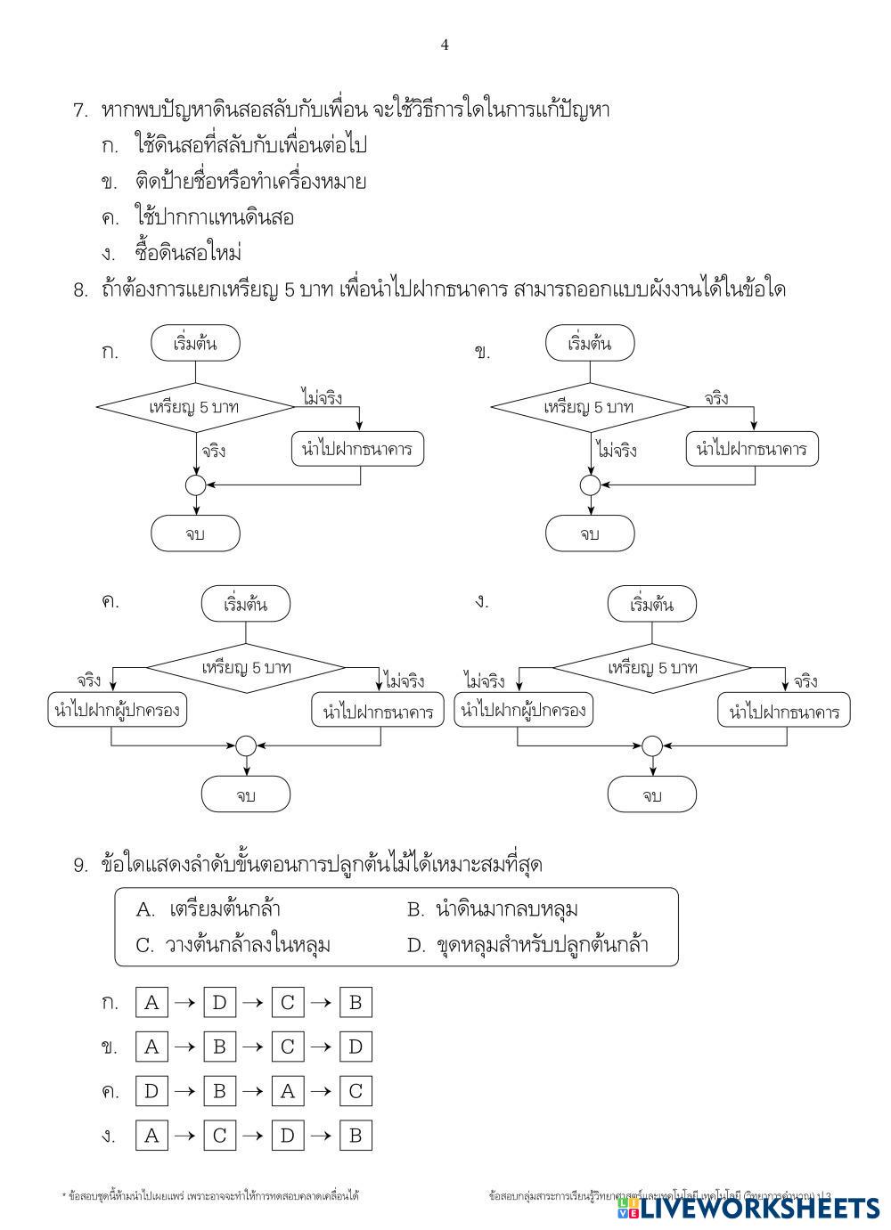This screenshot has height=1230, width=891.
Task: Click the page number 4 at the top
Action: click(445, 45)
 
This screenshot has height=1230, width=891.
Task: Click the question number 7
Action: click(80, 111)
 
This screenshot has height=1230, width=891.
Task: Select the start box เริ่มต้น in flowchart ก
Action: click(195, 344)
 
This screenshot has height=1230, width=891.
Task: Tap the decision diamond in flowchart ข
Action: click(589, 407)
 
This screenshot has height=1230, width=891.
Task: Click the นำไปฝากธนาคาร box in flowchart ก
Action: click(357, 449)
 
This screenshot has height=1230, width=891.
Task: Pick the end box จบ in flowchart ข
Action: click(590, 534)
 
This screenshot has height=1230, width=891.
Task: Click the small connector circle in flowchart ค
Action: click(245, 745)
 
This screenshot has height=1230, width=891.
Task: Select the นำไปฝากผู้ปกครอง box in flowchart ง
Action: click(523, 711)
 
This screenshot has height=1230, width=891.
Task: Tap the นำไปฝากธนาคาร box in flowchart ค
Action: click(378, 712)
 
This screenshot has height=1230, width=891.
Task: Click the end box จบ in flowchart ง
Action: click(652, 794)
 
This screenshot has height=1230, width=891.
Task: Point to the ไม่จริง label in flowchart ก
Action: click(322, 397)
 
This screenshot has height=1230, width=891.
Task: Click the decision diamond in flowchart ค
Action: click(246, 667)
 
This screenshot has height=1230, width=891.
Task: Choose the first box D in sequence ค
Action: click(151, 1091)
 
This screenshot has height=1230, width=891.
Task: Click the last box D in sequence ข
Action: click(355, 1047)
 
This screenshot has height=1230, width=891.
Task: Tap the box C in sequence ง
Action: click(219, 1135)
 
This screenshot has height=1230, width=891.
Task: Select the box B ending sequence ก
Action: click(355, 1003)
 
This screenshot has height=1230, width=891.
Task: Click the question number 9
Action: click(80, 865)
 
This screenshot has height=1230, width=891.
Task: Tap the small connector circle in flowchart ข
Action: click(590, 485)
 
